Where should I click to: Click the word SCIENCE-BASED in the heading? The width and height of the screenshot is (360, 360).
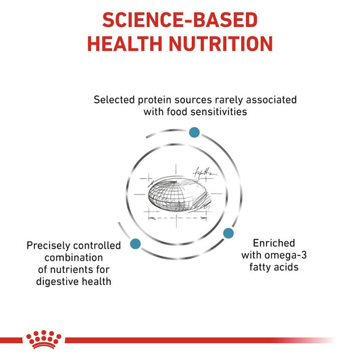click(180, 20)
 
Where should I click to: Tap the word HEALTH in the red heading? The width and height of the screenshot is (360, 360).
click(125, 44)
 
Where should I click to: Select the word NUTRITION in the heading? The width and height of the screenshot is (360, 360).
click(221, 44)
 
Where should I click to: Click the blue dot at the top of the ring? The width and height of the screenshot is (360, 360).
click(195, 132)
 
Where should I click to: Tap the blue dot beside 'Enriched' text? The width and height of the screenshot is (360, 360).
click(228, 233)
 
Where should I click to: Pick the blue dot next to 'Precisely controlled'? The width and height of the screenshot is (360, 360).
click(135, 244)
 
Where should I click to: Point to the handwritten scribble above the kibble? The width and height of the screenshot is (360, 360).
click(205, 173)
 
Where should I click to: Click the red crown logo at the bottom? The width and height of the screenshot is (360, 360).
click(44, 339)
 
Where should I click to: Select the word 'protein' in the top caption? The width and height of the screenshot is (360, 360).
click(155, 100)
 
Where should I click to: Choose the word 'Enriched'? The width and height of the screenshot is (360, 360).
click(274, 243)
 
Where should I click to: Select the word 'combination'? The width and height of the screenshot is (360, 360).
click(74, 257)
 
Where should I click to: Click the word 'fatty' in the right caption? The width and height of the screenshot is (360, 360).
click(260, 267)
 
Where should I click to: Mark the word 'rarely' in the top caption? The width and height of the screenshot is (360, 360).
click(229, 100)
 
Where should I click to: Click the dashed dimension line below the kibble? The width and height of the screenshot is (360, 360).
click(177, 218)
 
